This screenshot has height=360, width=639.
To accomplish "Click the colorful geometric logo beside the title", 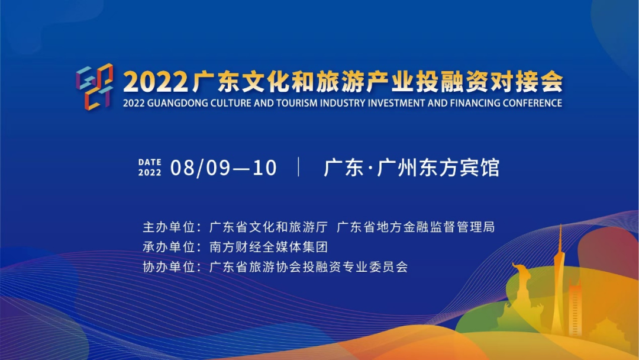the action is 95,86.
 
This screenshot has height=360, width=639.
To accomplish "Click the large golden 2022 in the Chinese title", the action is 155,82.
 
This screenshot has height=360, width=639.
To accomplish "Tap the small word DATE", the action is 150,162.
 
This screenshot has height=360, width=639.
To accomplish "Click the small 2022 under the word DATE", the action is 150,172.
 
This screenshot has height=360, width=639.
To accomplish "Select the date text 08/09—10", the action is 223,168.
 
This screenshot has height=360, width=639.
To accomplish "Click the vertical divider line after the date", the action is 299,167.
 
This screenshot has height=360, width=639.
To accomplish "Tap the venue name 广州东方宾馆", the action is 438,168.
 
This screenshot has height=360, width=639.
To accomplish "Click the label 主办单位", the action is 169,227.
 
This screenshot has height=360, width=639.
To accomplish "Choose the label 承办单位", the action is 169,247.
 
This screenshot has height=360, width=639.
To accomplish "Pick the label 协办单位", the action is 169,267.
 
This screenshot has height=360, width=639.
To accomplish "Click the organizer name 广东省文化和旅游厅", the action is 269,227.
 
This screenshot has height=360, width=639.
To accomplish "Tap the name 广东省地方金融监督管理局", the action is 416,227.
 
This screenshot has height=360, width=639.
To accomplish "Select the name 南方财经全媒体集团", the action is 269,247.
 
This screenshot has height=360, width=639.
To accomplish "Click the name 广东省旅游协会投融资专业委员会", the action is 308,267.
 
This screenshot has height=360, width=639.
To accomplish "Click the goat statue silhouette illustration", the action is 522,294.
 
